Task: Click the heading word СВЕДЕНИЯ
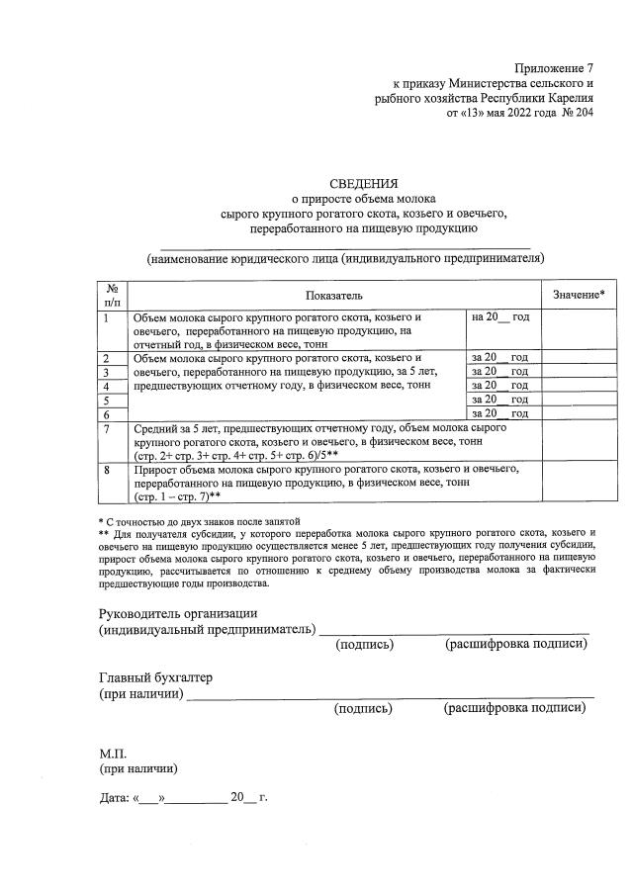click(365, 182)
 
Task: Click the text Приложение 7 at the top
click(554, 68)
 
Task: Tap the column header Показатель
click(334, 295)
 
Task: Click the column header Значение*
click(579, 295)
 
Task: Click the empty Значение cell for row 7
click(579, 441)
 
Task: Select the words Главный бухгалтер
click(155, 676)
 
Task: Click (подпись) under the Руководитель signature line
click(364, 645)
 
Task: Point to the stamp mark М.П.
click(113, 753)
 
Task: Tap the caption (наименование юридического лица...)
click(345, 258)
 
